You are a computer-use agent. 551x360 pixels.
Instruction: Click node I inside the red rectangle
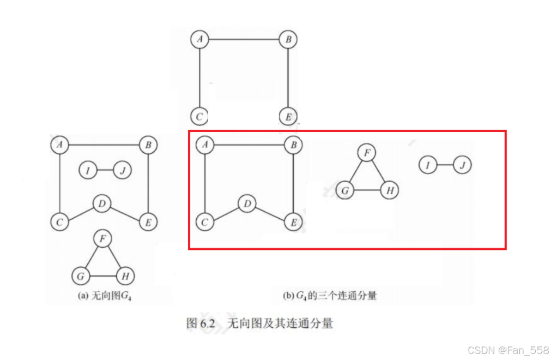(x=428, y=165)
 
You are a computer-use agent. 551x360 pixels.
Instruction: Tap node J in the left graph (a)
(x=123, y=171)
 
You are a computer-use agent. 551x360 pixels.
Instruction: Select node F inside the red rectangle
(x=367, y=153)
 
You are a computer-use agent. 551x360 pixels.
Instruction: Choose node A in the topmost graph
(x=200, y=39)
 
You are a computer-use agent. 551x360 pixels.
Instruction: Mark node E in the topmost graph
(x=287, y=116)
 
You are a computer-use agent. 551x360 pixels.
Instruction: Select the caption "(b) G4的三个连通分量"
(x=330, y=296)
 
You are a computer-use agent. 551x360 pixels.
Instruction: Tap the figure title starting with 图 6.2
(x=259, y=323)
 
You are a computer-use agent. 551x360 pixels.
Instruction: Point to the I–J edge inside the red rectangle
(x=445, y=165)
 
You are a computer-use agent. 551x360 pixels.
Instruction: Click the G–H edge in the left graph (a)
(x=102, y=276)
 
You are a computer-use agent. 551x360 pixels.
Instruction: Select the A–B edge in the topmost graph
(x=244, y=39)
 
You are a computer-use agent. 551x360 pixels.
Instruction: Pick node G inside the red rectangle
(x=344, y=191)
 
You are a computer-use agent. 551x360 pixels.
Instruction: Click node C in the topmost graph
(x=200, y=116)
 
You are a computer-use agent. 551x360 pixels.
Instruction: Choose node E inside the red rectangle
(x=293, y=222)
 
